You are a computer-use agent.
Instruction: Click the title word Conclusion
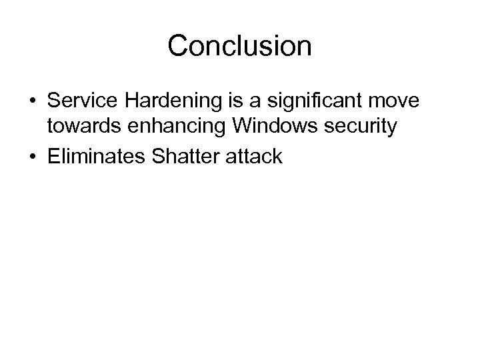tap(239, 46)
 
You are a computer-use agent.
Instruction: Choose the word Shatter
tap(177, 157)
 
